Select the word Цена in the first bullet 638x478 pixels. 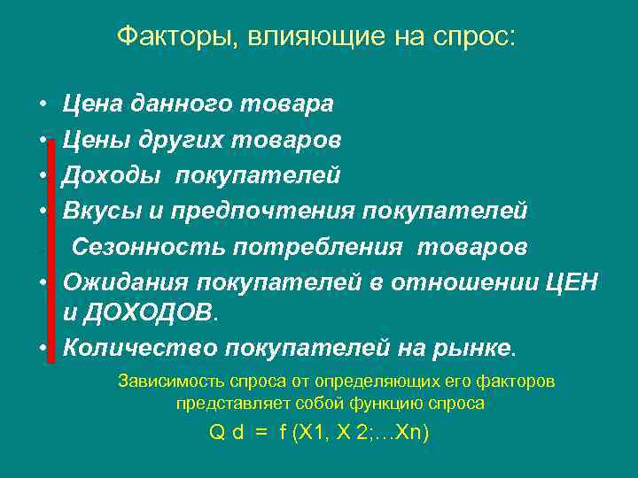click(x=93, y=104)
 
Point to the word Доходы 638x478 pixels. click(x=112, y=175)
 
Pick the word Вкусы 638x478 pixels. click(x=98, y=211)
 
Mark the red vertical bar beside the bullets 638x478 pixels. click(x=51, y=248)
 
